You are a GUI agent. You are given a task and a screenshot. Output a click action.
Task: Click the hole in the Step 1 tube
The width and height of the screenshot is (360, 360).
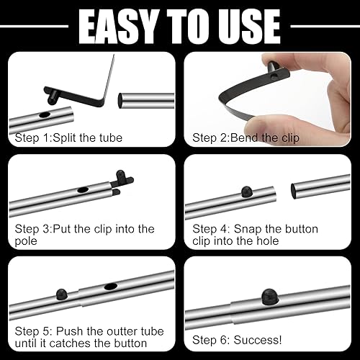[x=45, y=114]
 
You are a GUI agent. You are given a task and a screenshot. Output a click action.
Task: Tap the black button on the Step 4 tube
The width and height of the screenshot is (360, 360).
[x=243, y=192]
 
